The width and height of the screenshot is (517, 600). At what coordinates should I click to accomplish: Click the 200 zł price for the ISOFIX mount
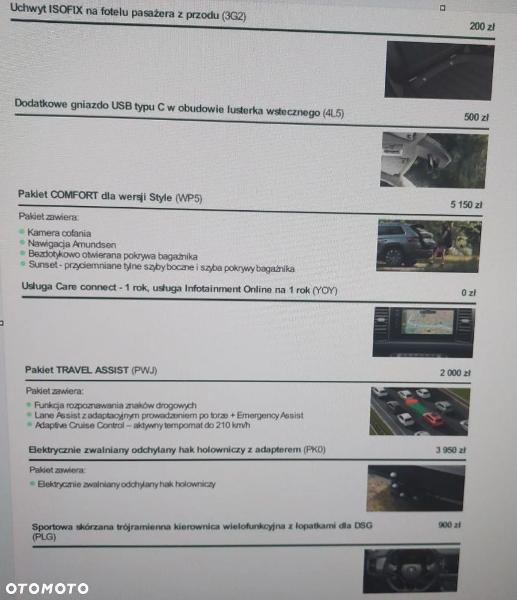pyautogui.click(x=482, y=26)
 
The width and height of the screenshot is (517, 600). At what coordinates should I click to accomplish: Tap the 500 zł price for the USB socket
pyautogui.click(x=476, y=117)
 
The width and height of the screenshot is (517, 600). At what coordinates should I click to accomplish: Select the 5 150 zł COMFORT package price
pyautogui.click(x=466, y=205)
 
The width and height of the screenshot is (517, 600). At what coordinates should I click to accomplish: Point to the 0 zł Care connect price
pyautogui.click(x=468, y=293)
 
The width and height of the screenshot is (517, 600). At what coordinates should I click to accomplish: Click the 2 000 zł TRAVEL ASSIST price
pyautogui.click(x=454, y=373)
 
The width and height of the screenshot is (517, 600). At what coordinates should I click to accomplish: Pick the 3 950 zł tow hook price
pyautogui.click(x=451, y=449)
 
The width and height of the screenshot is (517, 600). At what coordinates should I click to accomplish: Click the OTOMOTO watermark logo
pyautogui.click(x=47, y=589)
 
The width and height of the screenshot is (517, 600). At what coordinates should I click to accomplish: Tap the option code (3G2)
pyautogui.click(x=234, y=16)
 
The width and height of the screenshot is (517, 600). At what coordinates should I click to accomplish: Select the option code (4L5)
pyautogui.click(x=333, y=113)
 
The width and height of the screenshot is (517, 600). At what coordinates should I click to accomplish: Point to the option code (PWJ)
pyautogui.click(x=144, y=371)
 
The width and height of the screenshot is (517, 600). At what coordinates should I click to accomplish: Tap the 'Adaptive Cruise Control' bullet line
pyautogui.click(x=142, y=425)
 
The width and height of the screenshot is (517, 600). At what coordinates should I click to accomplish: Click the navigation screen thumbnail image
pyautogui.click(x=423, y=332)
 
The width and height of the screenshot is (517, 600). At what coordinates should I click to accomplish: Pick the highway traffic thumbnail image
pyautogui.click(x=420, y=411)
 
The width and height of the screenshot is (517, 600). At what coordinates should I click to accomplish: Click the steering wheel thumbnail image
pyautogui.click(x=411, y=570)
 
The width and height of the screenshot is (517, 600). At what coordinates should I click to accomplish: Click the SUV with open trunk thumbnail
pyautogui.click(x=429, y=246)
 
